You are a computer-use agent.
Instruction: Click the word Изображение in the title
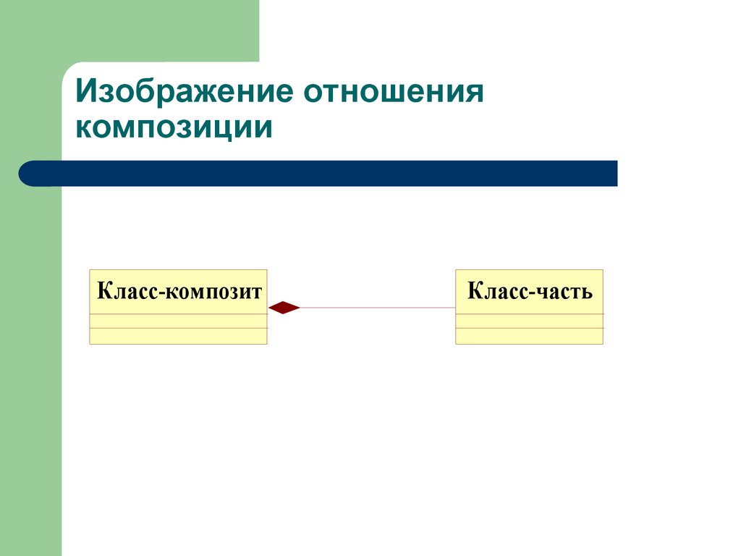coord(183,93)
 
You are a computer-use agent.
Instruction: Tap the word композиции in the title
coord(174,128)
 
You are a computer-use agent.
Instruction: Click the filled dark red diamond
coord(284,308)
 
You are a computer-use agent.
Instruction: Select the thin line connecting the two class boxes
coord(376,308)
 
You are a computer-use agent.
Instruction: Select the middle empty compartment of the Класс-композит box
coord(178,321)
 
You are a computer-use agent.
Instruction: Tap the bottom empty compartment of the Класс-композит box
coord(178,336)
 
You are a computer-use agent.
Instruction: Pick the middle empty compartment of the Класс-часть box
coord(529,321)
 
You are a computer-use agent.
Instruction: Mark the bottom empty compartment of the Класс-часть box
coord(529,336)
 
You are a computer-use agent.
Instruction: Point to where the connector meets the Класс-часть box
coord(455,308)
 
